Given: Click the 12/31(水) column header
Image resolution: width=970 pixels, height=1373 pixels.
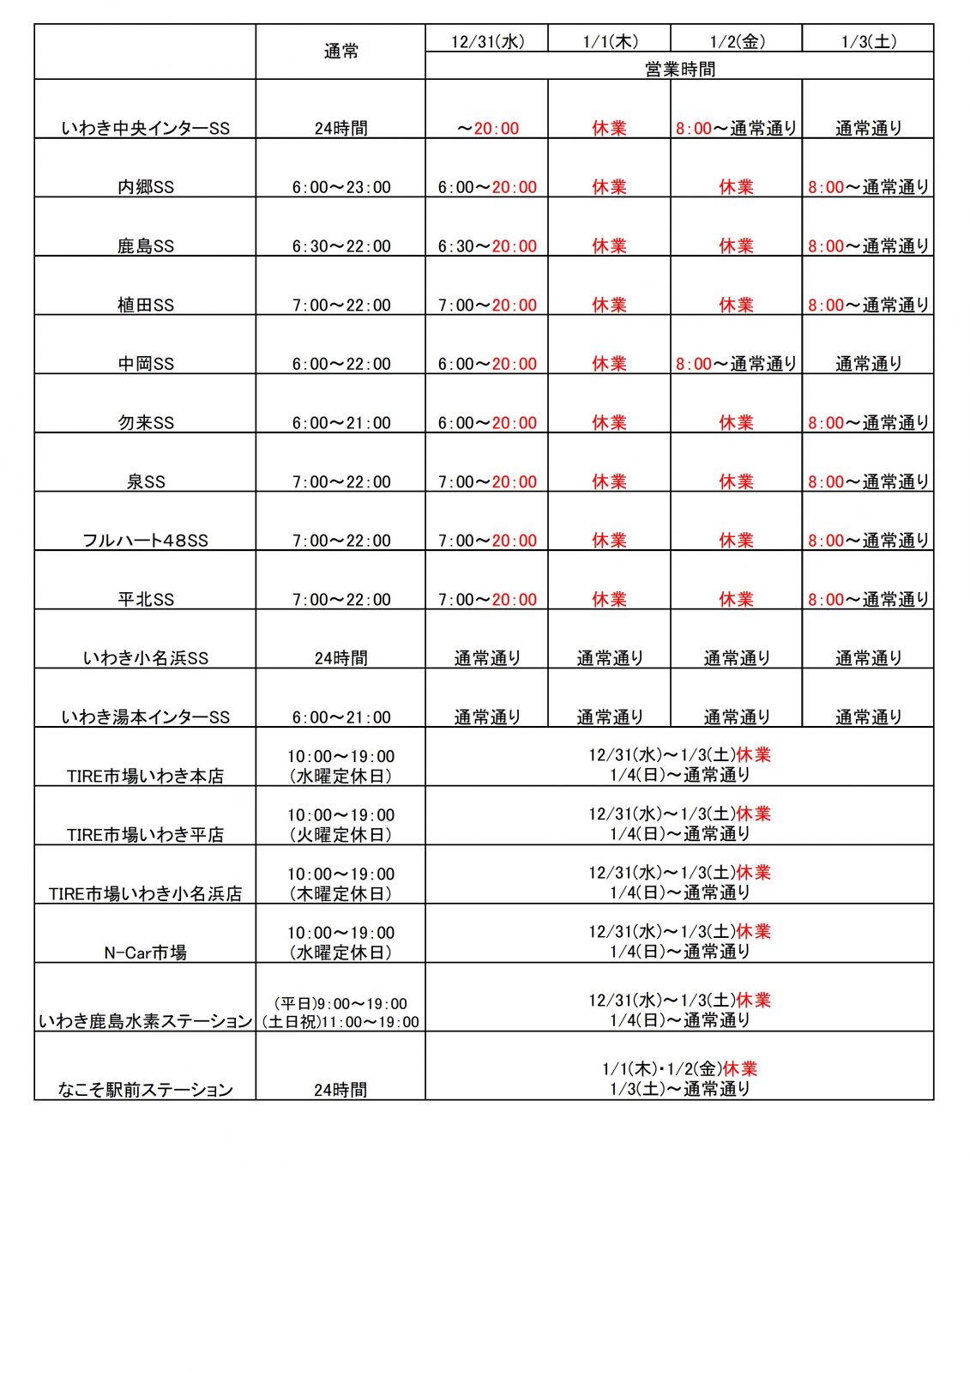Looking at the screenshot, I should [487, 41].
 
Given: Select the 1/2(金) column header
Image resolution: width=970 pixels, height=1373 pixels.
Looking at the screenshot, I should [737, 41].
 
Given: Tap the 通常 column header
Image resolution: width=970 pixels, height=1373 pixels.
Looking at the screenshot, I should [340, 51].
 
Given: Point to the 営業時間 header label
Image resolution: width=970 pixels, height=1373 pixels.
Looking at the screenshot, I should [679, 69].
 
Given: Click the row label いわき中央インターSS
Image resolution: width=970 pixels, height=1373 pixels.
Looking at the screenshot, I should [146, 129].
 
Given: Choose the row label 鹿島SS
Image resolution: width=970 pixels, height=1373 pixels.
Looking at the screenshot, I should [146, 246].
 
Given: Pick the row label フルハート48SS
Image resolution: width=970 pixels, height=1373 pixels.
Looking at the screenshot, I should [146, 541].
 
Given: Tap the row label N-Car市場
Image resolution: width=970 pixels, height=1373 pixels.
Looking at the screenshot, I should [146, 953].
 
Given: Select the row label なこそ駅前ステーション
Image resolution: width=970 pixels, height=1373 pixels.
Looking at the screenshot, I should [146, 1090].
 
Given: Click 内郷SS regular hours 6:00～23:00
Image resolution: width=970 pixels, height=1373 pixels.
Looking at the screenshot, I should [340, 187].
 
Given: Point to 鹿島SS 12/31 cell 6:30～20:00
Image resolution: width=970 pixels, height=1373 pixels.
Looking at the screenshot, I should [487, 246].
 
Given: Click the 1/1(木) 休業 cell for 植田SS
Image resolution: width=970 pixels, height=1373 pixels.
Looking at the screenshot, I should [609, 305].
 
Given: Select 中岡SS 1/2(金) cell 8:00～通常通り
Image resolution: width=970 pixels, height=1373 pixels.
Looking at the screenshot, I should [736, 364].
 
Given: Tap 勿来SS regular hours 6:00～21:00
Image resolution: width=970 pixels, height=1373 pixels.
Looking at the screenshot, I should [340, 423].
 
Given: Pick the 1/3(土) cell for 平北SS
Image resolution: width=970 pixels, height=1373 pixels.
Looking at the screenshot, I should [868, 599].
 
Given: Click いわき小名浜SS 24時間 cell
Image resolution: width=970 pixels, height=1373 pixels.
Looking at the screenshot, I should [340, 658].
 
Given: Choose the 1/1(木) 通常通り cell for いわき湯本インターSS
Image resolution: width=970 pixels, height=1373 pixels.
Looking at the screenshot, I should [609, 717].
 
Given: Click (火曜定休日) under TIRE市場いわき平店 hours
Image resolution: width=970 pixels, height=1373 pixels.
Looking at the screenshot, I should [340, 834].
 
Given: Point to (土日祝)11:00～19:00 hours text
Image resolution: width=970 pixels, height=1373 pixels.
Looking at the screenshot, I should [340, 1022].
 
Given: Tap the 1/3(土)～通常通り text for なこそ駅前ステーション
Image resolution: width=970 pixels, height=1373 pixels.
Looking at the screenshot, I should [679, 1089].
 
